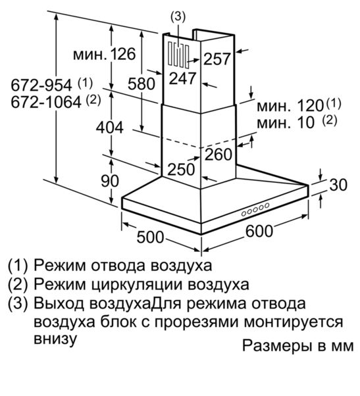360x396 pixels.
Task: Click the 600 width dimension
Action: click(259, 231)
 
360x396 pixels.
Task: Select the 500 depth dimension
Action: click(150, 237)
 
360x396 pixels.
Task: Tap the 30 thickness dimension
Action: click(338, 185)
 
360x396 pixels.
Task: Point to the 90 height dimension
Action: click(110, 181)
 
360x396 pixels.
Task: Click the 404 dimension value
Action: click(110, 128)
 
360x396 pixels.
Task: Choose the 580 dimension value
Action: click(141, 84)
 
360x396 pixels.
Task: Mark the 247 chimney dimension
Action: click(183, 78)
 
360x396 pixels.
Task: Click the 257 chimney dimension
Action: click(217, 59)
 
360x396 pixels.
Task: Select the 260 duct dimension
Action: click(219, 155)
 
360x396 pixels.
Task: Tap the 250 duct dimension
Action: click(181, 169)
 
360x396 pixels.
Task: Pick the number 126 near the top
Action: click(123, 54)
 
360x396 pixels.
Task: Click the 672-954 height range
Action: click(41, 86)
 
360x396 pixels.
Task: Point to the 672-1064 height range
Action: click(46, 102)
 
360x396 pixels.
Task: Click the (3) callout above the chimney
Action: click(178, 17)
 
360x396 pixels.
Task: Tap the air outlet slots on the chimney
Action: click(178, 55)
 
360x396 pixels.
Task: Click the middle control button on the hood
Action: click(255, 210)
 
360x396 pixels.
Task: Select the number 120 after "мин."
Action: click(311, 105)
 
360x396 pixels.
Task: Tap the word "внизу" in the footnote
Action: click(55, 338)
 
